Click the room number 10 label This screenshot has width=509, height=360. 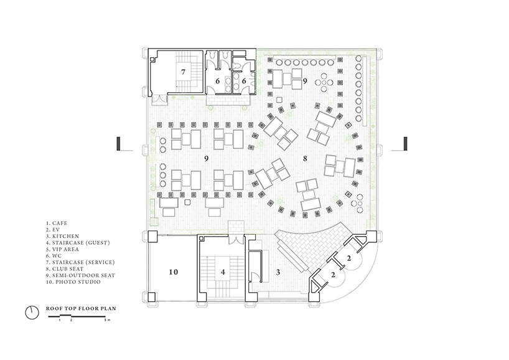(174, 272)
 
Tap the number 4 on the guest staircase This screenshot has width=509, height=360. (223, 272)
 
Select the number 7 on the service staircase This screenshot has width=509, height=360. (183, 72)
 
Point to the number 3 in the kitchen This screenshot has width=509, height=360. (278, 272)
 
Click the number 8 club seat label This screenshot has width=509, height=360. (305, 159)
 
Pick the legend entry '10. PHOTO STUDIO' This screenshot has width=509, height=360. (73, 282)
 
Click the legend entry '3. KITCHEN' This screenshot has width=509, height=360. (62, 236)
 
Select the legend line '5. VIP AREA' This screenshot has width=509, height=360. (62, 249)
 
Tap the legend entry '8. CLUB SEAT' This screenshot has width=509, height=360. (65, 268)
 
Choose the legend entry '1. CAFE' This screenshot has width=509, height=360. (57, 223)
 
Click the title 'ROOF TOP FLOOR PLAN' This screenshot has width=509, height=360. (81, 308)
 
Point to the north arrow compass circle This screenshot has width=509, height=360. (32, 313)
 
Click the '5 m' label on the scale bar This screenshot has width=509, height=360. (108, 320)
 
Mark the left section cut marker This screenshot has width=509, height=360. (119, 144)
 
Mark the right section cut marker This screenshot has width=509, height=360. (406, 144)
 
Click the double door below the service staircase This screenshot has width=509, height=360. (161, 100)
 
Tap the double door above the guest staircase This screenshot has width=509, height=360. (236, 239)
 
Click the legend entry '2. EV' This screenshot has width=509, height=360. (53, 230)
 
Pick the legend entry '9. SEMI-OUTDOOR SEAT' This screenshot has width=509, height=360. (80, 275)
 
